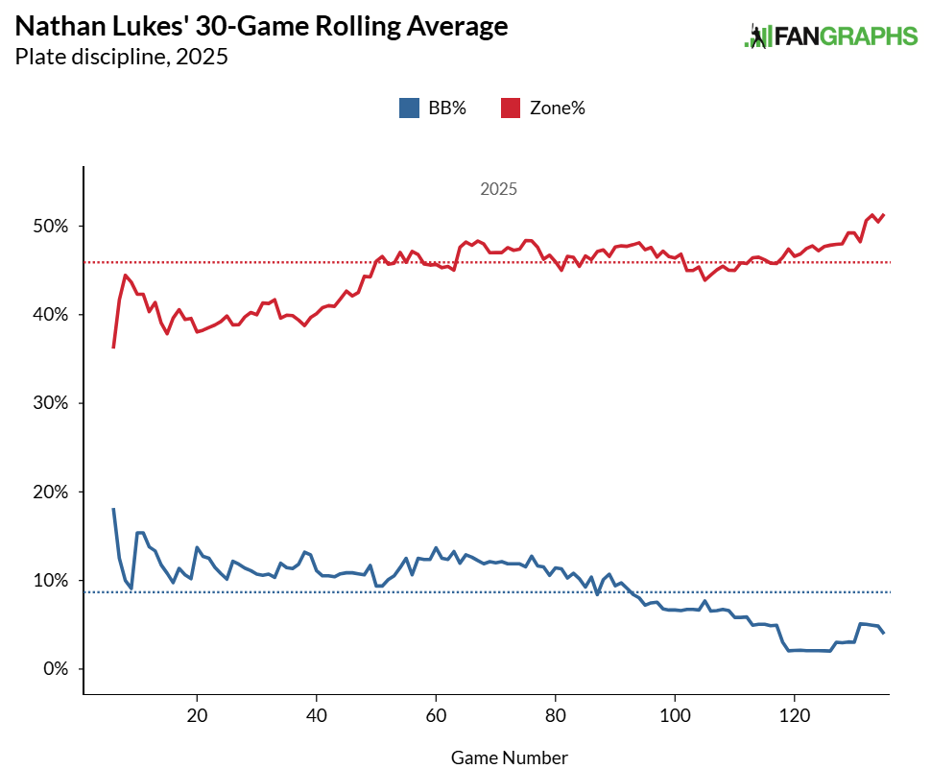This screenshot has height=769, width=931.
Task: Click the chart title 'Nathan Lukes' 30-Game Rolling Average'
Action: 261,27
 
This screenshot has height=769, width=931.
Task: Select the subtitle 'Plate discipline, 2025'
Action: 121,58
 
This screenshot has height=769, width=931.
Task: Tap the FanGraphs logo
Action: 831,36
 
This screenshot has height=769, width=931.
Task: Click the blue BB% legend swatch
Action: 408,108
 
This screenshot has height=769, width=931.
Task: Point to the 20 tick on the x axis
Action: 197,716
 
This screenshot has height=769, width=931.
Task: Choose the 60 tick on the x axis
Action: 436,716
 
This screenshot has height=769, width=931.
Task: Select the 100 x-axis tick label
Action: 675,716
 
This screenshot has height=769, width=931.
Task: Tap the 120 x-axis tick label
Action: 795,716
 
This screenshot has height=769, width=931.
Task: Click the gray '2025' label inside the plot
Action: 499,190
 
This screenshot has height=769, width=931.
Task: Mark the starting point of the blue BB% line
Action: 113,509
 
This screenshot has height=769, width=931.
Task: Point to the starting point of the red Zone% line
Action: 113,348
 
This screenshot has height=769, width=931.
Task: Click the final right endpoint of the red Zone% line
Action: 884,215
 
